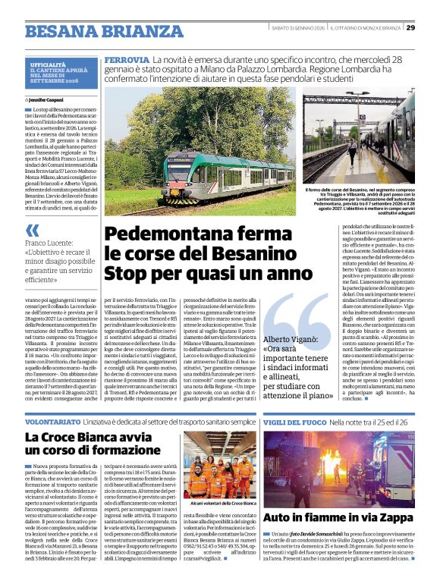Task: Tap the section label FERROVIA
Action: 127,59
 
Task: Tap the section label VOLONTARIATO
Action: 54,420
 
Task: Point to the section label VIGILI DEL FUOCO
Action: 293,420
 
